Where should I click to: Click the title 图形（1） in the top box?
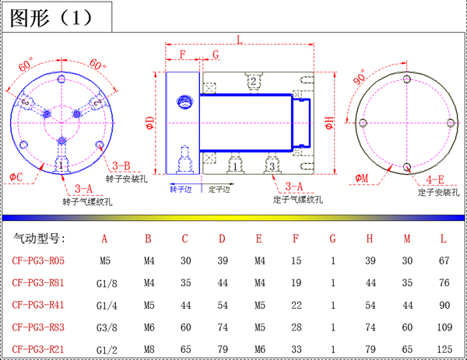pyautogui.click(x=51, y=18)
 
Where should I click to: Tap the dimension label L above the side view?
pyautogui.click(x=240, y=40)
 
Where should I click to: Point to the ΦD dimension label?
pyautogui.click(x=150, y=123)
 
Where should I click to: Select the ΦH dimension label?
pyautogui.click(x=328, y=123)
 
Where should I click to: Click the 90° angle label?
pyautogui.click(x=359, y=77)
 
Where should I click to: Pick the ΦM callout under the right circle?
pyautogui.click(x=362, y=178)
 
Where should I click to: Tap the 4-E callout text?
pyautogui.click(x=435, y=180)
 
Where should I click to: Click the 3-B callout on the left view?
pyautogui.click(x=121, y=166)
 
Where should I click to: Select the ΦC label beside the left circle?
pyautogui.click(x=16, y=177)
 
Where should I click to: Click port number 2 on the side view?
pyautogui.click(x=253, y=81)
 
